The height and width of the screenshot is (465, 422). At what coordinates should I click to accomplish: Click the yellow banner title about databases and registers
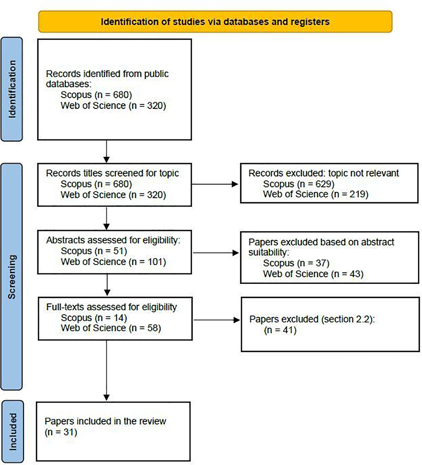tap(215, 22)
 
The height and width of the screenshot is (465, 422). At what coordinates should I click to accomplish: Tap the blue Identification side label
tap(12, 89)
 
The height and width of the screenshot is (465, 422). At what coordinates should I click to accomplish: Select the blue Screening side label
tap(12, 277)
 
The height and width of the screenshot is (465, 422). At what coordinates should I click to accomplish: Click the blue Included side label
tap(13, 432)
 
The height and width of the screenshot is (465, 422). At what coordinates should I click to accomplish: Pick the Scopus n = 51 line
tap(94, 251)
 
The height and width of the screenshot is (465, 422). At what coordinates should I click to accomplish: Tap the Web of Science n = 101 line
tap(113, 262)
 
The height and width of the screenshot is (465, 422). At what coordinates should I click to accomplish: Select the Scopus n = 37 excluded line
tap(296, 263)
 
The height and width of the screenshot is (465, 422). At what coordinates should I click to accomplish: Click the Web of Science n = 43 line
tap(313, 274)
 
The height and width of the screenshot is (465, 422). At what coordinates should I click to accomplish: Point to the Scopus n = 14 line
tap(94, 318)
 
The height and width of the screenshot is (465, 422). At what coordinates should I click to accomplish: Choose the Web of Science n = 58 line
tap(111, 328)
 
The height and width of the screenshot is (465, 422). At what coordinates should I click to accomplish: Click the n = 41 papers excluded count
tap(280, 330)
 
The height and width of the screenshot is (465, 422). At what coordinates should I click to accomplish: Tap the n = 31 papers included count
tap(61, 432)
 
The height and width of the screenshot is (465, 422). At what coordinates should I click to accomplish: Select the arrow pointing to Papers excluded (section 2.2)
tap(217, 320)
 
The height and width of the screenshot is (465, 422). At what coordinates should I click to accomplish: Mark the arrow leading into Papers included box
tap(106, 370)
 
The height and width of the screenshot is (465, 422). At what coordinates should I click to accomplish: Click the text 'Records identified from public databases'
tap(107, 79)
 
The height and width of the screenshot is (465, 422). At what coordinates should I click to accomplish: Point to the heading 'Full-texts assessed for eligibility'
tap(111, 307)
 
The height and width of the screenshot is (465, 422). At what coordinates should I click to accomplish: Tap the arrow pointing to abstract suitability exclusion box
tap(216, 253)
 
